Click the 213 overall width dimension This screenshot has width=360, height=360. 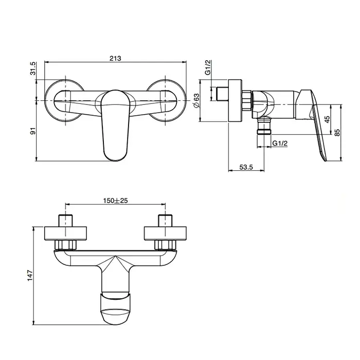pyautogui.click(x=115, y=58)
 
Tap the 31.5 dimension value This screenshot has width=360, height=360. pyautogui.click(x=33, y=68)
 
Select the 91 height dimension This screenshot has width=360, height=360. pyautogui.click(x=33, y=131)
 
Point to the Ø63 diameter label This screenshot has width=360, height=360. pyautogui.click(x=196, y=101)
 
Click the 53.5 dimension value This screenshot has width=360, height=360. pyautogui.click(x=246, y=167)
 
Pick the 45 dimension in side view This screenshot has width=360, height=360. pyautogui.click(x=327, y=119)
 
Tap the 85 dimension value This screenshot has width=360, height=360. pyautogui.click(x=337, y=133)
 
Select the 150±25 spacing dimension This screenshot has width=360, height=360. pyautogui.click(x=115, y=201)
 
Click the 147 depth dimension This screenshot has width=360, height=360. pyautogui.click(x=30, y=276)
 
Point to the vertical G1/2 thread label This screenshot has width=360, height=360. pyautogui.click(x=208, y=67)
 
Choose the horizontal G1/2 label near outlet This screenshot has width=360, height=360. pyautogui.click(x=280, y=143)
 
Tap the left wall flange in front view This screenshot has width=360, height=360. pyautogui.click(x=64, y=100)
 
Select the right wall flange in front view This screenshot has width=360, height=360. pyautogui.click(x=166, y=100)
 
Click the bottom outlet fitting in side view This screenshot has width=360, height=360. pyautogui.click(x=264, y=126)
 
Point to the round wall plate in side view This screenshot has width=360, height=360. pyautogui.click(x=236, y=101)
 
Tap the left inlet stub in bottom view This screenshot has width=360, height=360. pyautogui.click(x=66, y=221)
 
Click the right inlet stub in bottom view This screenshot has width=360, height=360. pyautogui.click(x=165, y=221)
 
